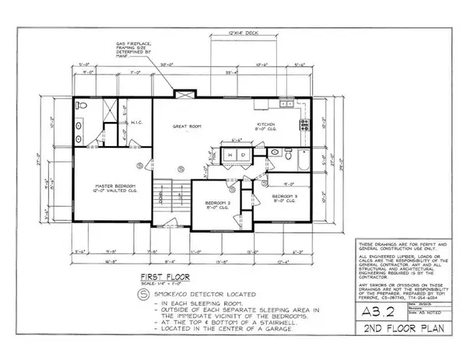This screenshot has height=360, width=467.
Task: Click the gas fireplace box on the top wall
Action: click(181, 94)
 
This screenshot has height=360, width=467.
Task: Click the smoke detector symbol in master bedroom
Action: click(138, 164)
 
